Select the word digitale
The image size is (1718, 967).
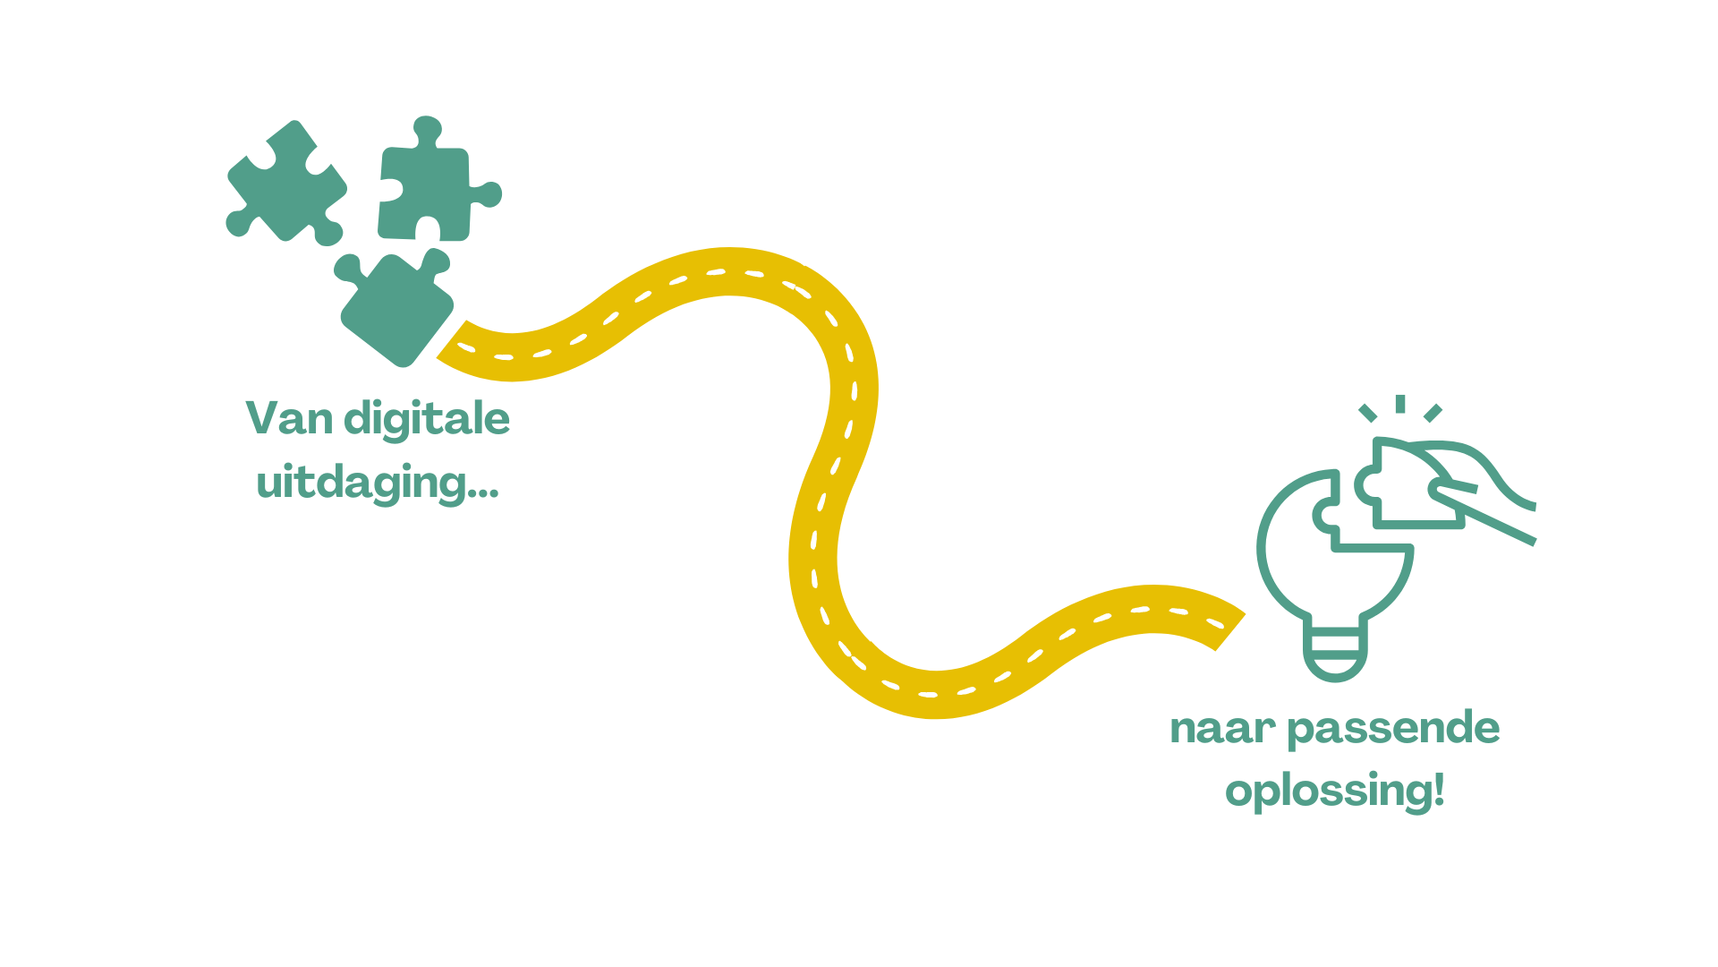pos(427,420)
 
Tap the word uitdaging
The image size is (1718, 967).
pos(361,484)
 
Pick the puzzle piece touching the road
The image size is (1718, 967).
pos(395,307)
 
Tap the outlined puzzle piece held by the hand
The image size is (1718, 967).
pos(1409,483)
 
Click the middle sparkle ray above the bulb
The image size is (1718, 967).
pos(1400,404)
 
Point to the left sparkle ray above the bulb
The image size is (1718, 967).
pos(1367,413)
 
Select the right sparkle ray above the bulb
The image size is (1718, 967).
pos(1433,413)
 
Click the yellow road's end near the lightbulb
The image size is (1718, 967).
pos(1229,631)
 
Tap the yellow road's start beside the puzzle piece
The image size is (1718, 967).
pos(453,339)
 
